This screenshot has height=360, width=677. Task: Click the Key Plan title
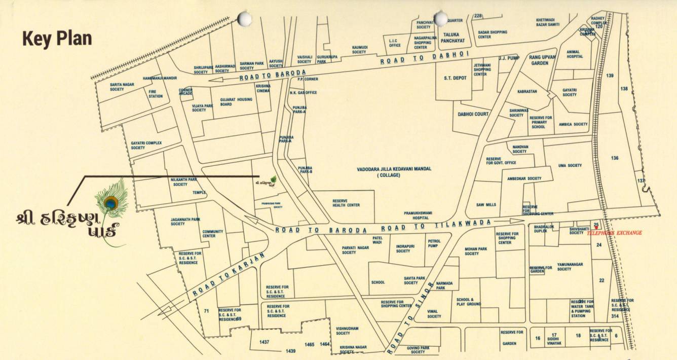pos(57,39)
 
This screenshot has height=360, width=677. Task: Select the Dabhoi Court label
pos(473,114)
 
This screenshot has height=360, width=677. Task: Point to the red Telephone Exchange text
pos(614,233)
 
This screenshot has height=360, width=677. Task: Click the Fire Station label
pos(156,94)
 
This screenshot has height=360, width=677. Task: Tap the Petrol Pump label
pos(434,244)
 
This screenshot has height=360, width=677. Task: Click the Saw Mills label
pos(486,205)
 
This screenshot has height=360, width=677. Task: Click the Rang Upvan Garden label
pos(542,60)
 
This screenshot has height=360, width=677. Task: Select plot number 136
pos(615,158)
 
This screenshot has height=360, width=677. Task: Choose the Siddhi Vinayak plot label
pos(554,339)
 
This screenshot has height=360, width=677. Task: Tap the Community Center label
pos(212,234)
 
